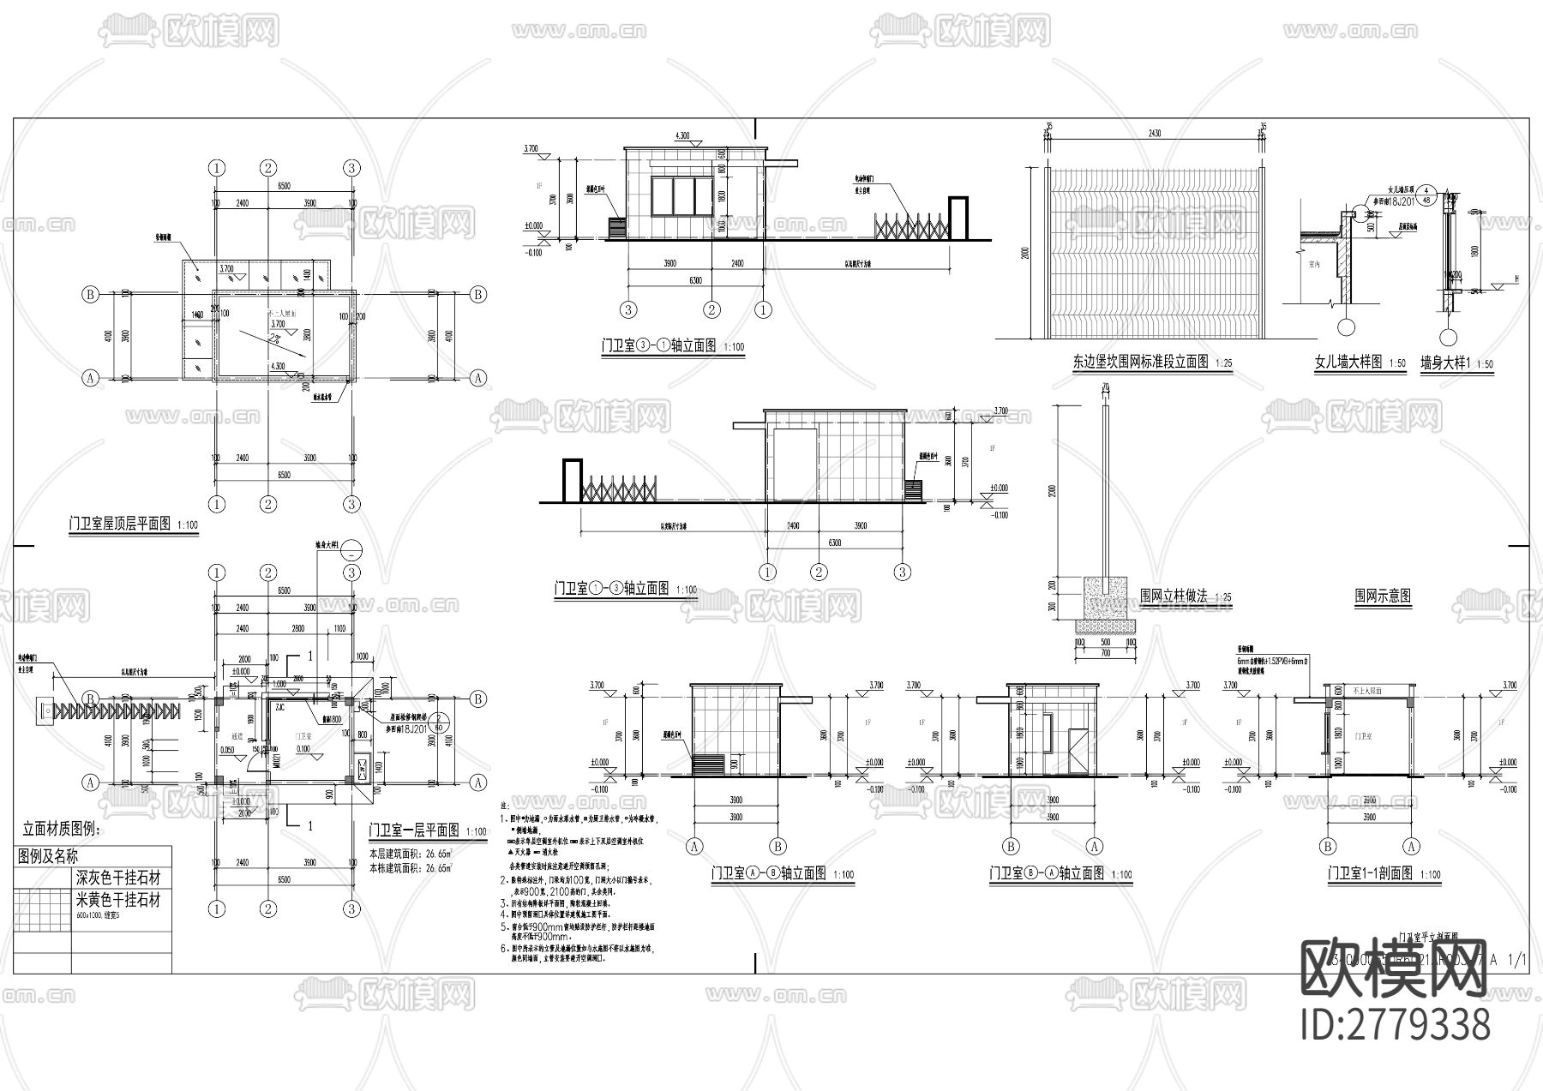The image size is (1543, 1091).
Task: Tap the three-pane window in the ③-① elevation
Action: coord(682,196)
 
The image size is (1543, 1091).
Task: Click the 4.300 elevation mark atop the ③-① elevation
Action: coord(683,137)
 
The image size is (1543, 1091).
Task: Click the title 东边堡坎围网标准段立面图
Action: coord(1140,363)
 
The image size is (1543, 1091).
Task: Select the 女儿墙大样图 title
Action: coord(1348,363)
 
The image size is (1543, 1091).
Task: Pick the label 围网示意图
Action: coord(1383,596)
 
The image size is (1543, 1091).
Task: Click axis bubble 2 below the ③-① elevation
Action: coord(711,309)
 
